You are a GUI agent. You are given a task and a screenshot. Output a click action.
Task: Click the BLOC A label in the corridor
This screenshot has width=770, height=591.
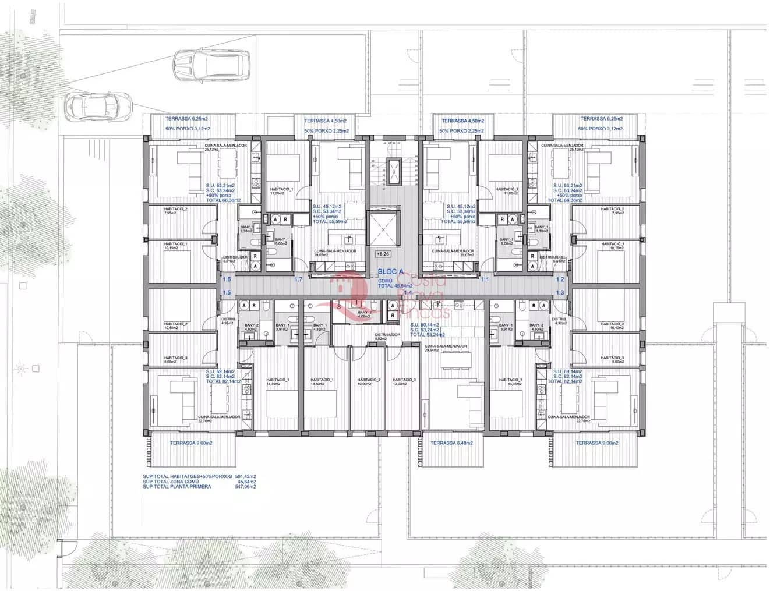(x=390, y=271)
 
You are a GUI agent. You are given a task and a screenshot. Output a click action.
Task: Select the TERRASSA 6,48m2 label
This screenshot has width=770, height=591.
(x=451, y=443)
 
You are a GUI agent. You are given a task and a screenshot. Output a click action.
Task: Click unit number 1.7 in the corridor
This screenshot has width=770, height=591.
(x=298, y=279)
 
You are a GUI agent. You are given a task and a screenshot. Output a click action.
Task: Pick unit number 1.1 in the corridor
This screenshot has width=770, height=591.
(x=485, y=279)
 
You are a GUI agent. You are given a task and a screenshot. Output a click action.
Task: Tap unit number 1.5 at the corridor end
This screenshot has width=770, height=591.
(x=227, y=292)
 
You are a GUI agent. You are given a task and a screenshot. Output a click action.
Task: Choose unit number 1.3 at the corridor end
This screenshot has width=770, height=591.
(x=560, y=292)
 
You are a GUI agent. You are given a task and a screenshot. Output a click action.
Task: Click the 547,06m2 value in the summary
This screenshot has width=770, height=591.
(x=246, y=486)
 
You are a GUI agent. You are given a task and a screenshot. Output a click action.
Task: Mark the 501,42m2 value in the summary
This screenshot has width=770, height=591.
(x=246, y=476)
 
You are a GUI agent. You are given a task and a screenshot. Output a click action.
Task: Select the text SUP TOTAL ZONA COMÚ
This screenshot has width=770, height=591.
(x=169, y=481)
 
